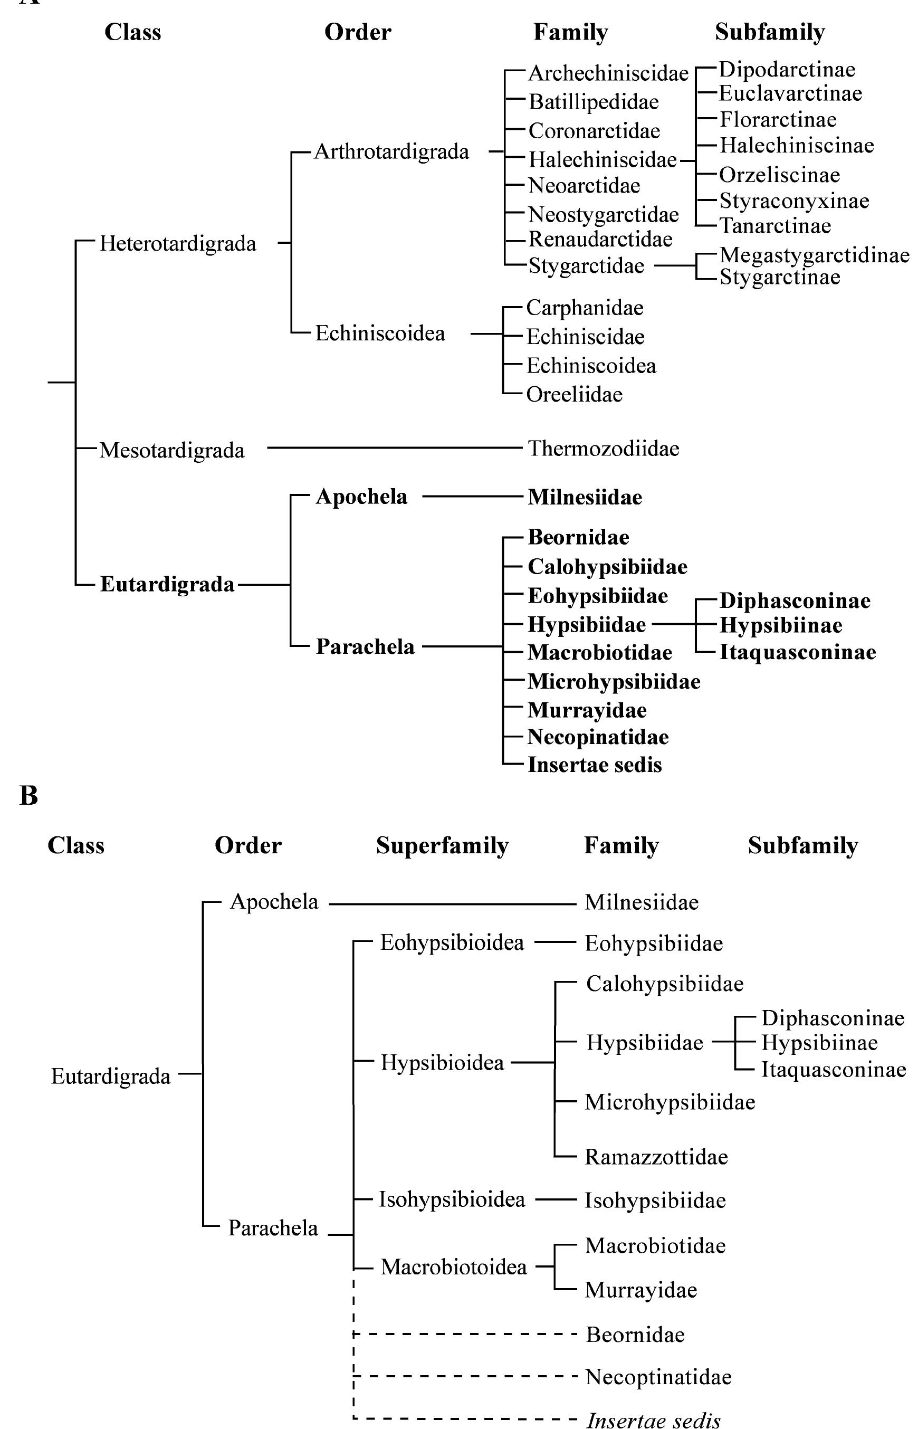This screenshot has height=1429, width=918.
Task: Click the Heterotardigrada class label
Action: [x=178, y=244]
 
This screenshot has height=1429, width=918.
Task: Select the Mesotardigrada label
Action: [x=171, y=450]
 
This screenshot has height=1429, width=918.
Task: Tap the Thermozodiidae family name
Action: [x=603, y=449]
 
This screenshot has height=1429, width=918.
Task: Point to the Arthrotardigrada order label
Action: [x=391, y=152]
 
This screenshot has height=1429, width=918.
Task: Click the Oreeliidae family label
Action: [x=574, y=395]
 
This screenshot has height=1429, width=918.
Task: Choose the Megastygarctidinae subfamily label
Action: [x=814, y=255]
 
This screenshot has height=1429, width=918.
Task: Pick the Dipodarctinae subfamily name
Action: [x=787, y=70]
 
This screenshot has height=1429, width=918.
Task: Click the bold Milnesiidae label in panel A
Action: [x=585, y=497]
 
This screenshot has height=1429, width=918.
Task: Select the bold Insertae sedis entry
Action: [x=594, y=765]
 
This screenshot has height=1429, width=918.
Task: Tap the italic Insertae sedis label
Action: [x=653, y=1421]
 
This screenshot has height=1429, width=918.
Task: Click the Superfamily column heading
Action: [x=442, y=845]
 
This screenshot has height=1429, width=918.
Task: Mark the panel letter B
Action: [x=28, y=796]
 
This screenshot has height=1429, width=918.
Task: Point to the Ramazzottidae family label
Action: [x=656, y=1157]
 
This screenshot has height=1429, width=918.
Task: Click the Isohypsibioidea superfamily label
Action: [x=452, y=1199]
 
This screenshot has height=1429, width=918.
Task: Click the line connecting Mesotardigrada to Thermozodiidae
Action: [x=394, y=447]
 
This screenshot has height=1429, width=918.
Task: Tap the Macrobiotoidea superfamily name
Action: [x=454, y=1266]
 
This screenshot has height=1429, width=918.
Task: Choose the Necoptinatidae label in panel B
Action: [x=658, y=1377]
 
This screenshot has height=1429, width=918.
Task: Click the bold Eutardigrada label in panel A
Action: [x=167, y=584]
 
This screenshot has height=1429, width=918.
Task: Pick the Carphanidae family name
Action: [x=585, y=308]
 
